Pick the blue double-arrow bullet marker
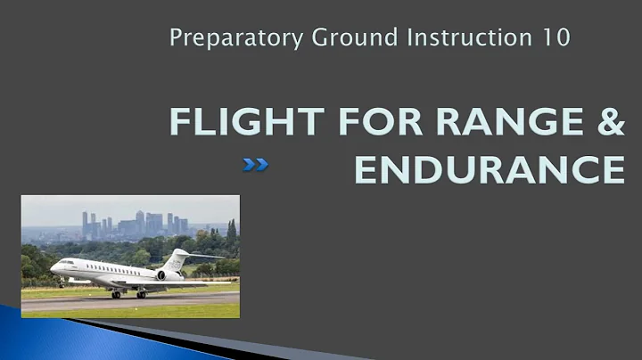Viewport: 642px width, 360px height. tap(256, 164)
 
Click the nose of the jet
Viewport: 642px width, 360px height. tap(53, 267)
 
